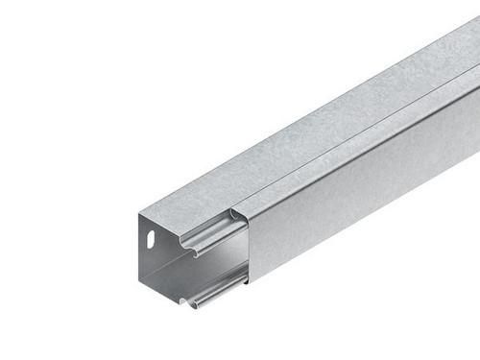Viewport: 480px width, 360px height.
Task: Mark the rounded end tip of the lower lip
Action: coord(193,305)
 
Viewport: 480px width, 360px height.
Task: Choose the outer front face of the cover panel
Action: coord(365,192)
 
